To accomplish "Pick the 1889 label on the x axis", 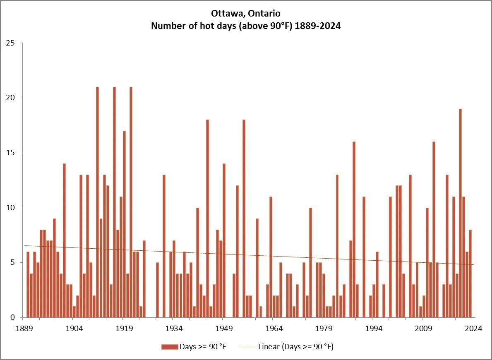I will tap(24, 329).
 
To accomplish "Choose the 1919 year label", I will tap(124, 329).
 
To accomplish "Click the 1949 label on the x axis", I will tap(223, 329).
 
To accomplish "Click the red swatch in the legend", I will tap(169, 347).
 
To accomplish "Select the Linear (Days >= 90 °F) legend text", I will tap(295, 347).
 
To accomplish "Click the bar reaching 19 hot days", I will tap(460, 213).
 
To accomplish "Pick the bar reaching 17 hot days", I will tap(124, 224).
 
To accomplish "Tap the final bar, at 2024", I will tap(470, 274).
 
